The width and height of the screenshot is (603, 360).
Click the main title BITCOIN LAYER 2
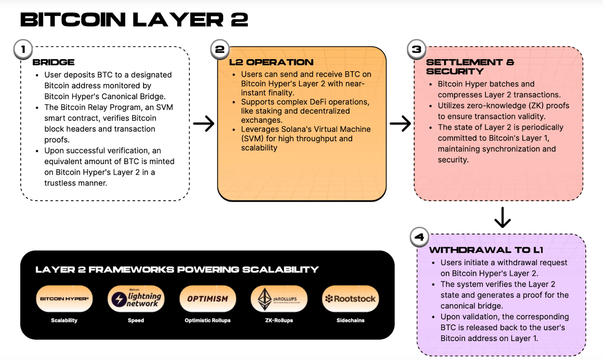[x=134, y=20]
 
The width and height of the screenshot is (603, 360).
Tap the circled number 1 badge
[x=23, y=49]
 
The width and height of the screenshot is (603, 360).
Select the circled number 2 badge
[x=220, y=49]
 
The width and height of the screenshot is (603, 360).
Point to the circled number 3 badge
[x=416, y=49]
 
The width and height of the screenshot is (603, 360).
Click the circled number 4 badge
[x=419, y=237]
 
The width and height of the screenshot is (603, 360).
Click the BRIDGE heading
[x=54, y=62]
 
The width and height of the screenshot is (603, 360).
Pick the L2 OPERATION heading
[x=271, y=62]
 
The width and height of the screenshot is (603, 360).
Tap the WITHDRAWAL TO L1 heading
[x=486, y=250]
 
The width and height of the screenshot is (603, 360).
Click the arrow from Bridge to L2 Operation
[x=204, y=123]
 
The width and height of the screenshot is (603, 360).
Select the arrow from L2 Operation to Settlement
[x=400, y=123]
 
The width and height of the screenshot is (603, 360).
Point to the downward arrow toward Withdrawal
[x=502, y=217]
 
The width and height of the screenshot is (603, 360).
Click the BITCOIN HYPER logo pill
[x=64, y=299]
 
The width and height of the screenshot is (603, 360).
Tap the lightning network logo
[x=136, y=299]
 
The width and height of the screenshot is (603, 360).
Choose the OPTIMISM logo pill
[x=208, y=299]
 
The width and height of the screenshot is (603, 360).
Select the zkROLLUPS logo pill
[x=279, y=299]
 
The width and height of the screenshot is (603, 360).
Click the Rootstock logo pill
[x=350, y=299]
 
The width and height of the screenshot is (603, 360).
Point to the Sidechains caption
[x=350, y=320]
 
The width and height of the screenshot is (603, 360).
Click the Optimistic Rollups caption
[x=208, y=320]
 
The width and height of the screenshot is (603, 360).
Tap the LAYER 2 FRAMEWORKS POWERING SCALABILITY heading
[x=177, y=270]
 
